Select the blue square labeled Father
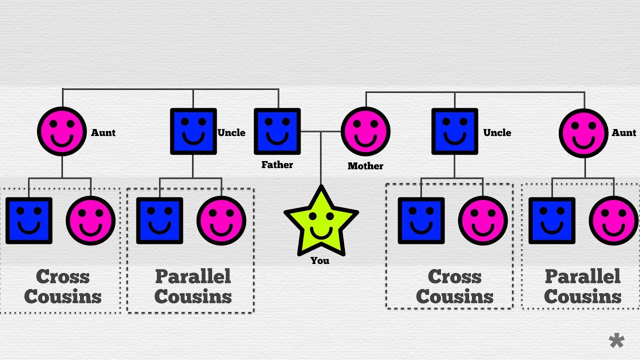[x=277, y=131]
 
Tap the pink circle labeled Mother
[x=365, y=131]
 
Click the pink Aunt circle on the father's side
[x=62, y=131]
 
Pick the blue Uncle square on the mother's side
[x=454, y=131]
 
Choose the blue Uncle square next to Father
[x=193, y=131]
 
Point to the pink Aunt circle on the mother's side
[x=583, y=132]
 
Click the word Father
[x=277, y=164]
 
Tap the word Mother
[x=365, y=166]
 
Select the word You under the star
[x=320, y=260]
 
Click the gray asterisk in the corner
[x=616, y=341]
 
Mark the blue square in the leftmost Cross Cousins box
[x=29, y=220]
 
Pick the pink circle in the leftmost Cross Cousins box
[x=91, y=220]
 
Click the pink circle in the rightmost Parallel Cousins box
[x=613, y=220]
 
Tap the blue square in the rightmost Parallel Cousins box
[x=552, y=220]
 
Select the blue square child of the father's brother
[x=159, y=220]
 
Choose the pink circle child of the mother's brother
[x=483, y=220]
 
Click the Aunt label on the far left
[x=103, y=132]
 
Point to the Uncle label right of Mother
[x=497, y=132]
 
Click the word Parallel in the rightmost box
[x=582, y=276]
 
